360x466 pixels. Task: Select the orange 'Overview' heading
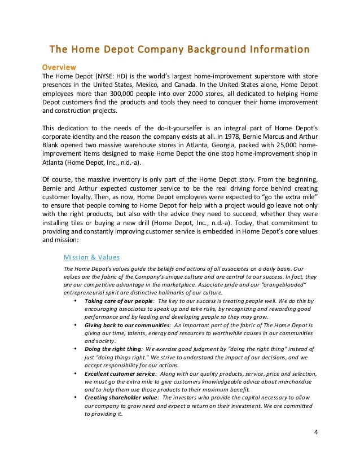[60, 67]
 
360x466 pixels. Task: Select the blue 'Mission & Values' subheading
[91, 257]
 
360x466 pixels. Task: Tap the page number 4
[315, 433]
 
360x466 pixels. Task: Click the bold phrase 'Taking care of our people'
[118, 301]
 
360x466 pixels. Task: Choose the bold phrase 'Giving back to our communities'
[127, 326]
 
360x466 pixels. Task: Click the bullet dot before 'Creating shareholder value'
[76, 398]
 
